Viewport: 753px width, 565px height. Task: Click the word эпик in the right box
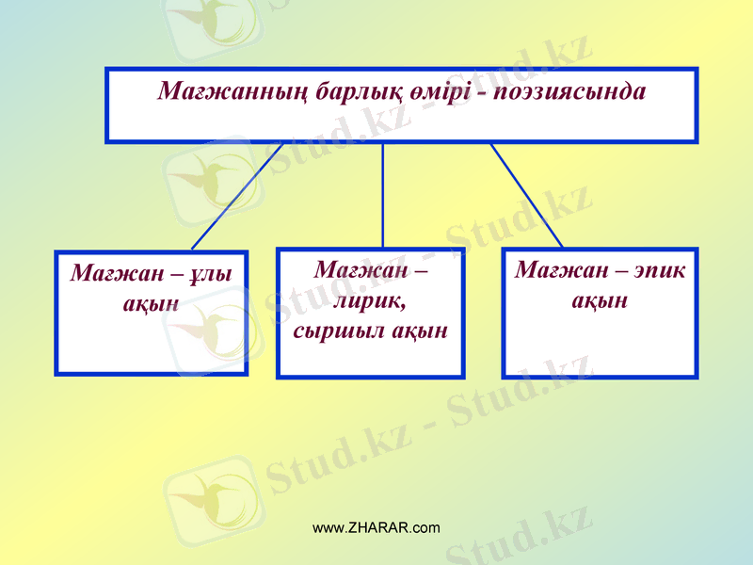pos(660,270)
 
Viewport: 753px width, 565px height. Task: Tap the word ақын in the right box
pos(600,300)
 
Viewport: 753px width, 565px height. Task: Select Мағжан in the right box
pos(554,270)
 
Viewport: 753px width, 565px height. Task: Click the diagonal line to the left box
pos(235,198)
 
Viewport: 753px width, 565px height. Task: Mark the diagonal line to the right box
pos(527,196)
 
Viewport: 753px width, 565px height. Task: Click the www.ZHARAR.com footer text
pos(376,527)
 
